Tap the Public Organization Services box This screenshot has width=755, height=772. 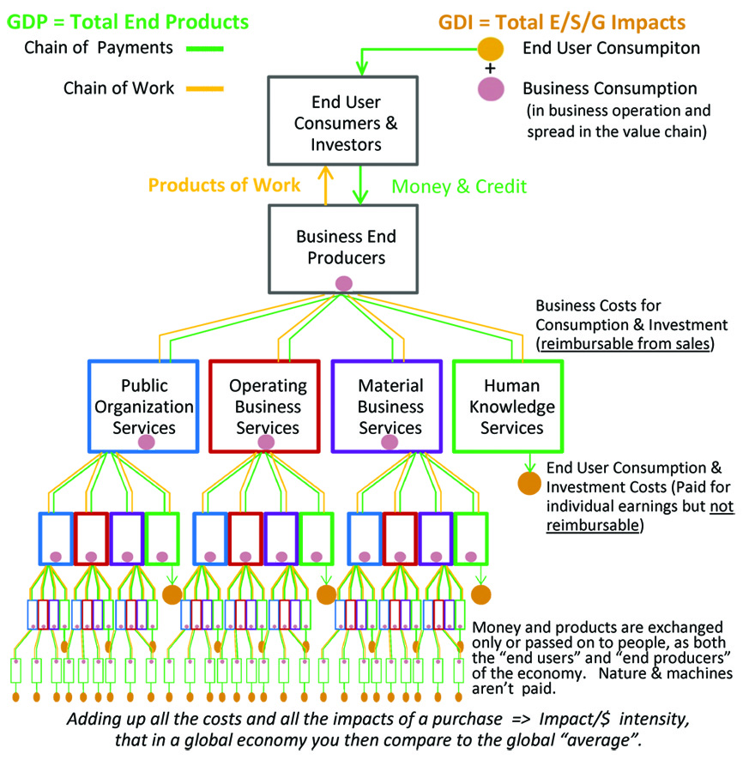click(x=143, y=406)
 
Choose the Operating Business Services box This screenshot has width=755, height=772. click(x=267, y=406)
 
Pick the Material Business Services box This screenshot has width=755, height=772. click(x=390, y=406)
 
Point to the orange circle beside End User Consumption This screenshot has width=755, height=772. click(x=490, y=49)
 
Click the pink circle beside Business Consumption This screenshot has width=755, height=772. click(x=490, y=89)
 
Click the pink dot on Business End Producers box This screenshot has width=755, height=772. click(x=344, y=283)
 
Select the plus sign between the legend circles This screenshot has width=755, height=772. click(x=490, y=69)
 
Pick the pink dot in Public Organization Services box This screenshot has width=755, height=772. click(x=146, y=443)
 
